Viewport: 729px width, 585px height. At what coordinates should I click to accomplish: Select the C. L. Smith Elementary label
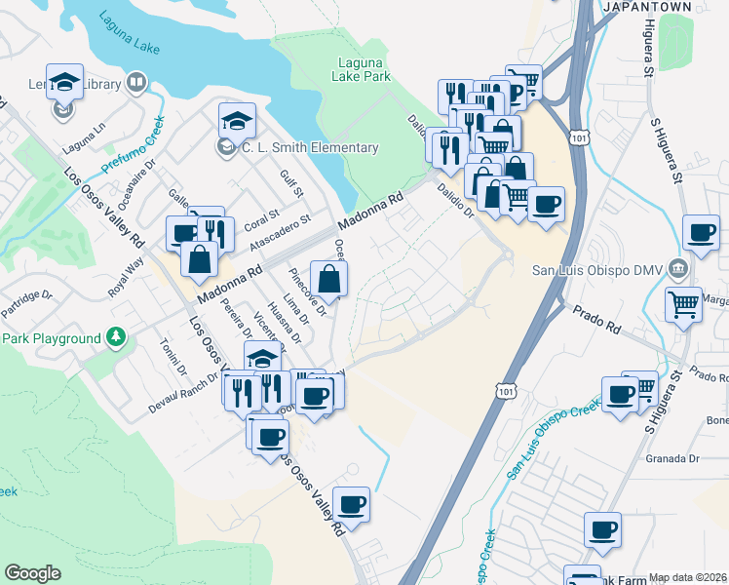(x=310, y=147)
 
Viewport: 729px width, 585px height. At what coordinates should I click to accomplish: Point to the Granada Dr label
(x=672, y=457)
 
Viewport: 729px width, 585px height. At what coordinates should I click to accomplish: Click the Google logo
(x=32, y=573)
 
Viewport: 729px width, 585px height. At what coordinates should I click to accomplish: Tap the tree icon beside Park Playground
(x=116, y=337)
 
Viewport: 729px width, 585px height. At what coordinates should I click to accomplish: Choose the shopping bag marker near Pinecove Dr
(x=328, y=278)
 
